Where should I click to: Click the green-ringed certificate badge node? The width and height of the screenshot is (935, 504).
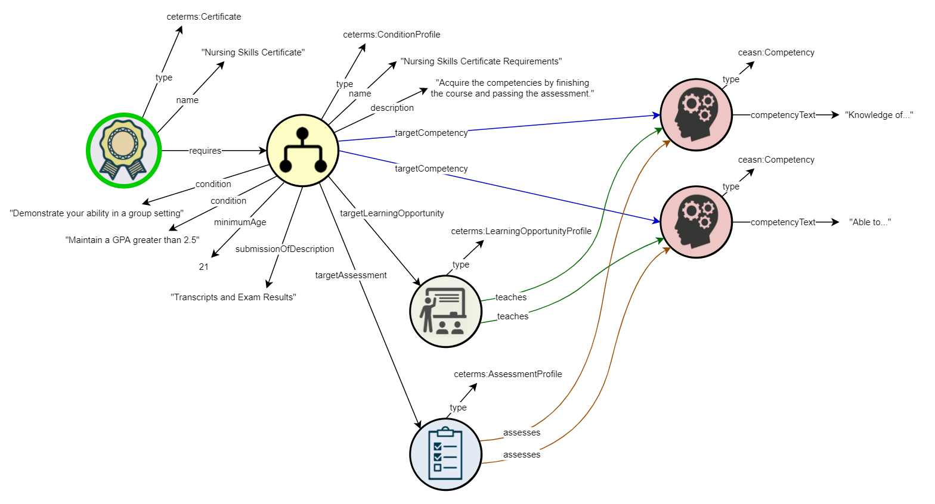123,150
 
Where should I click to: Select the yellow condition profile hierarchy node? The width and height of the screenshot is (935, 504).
302,151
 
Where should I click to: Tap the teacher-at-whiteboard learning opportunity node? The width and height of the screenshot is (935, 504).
445,311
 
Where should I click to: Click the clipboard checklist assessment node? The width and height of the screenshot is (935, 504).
445,454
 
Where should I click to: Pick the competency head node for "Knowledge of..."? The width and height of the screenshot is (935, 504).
696,115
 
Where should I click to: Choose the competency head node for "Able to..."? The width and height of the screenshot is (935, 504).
696,222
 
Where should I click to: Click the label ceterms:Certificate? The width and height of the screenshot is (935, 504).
204,17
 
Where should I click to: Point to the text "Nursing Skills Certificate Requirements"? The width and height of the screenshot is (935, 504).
481,61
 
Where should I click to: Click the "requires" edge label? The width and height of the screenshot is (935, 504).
205,151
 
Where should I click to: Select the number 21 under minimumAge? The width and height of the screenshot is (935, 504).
204,267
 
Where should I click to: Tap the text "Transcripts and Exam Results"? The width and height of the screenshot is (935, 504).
233,297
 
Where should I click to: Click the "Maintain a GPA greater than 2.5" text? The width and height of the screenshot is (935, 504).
132,240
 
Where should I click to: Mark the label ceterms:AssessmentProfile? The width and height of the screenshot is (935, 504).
507,374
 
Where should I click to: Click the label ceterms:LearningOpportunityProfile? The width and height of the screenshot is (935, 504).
521,231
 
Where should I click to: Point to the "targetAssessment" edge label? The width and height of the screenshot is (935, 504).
351,275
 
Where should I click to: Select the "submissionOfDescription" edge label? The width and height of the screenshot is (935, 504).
284,249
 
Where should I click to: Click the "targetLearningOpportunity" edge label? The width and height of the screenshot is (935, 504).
392,213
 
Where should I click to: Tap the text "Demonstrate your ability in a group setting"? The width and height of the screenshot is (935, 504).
97,213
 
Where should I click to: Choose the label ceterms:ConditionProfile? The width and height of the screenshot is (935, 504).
391,35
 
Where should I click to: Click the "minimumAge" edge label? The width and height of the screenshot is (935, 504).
240,222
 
